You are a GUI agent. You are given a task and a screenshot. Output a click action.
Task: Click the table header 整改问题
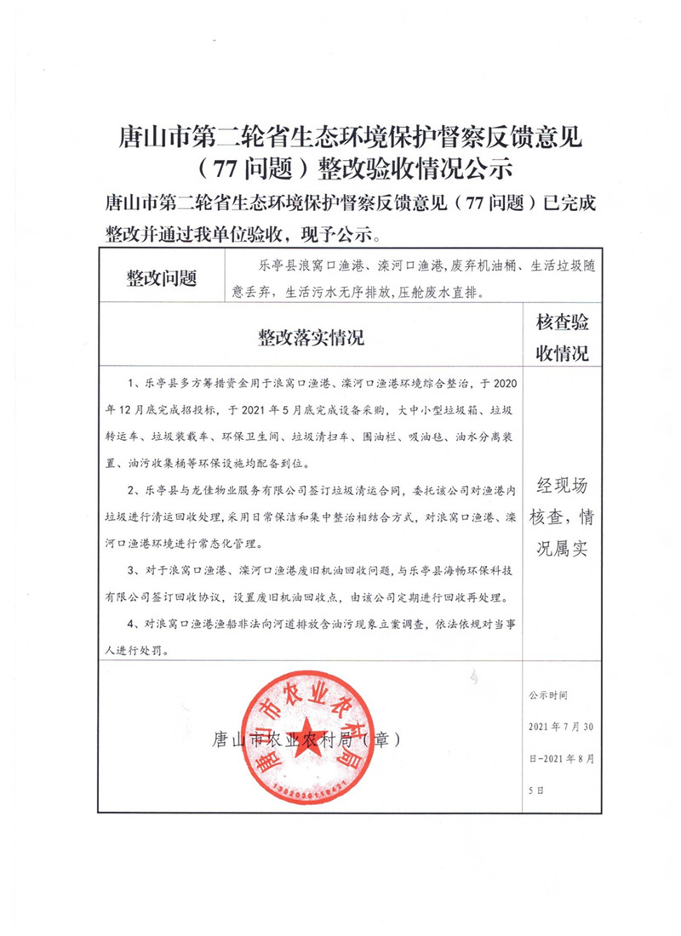[161, 277]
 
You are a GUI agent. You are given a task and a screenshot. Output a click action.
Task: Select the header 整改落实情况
[310, 338]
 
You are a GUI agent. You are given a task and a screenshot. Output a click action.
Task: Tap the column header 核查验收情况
[561, 338]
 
